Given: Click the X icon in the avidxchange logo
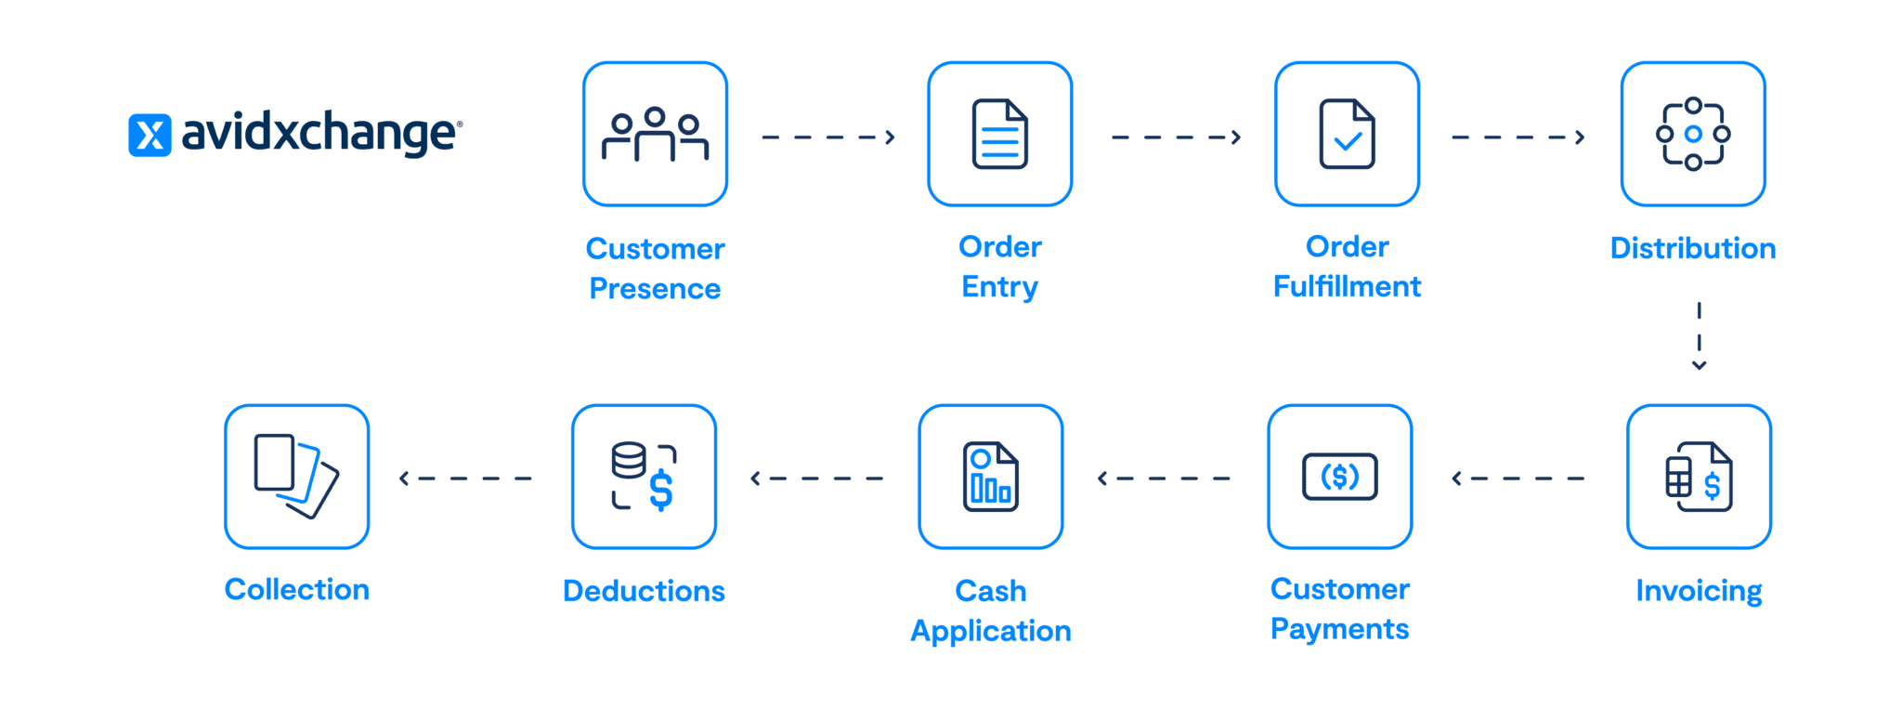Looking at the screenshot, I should (150, 135).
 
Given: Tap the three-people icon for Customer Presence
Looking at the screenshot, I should (655, 134).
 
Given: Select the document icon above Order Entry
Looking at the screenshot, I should (999, 134).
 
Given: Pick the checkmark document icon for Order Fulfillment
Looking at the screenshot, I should (1347, 134).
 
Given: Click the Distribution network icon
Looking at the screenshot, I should (1692, 134).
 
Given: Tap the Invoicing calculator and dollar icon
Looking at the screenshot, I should (1699, 477).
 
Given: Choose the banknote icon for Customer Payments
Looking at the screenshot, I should (1339, 477).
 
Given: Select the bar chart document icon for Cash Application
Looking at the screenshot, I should (990, 477).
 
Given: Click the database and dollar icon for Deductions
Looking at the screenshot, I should (644, 477).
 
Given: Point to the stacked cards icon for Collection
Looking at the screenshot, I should (296, 477).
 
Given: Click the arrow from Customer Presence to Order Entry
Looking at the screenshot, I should (827, 138).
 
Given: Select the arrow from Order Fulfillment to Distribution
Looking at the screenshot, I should (1518, 138).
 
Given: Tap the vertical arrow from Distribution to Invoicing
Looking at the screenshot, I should (1699, 335).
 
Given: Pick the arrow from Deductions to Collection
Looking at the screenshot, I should (465, 479).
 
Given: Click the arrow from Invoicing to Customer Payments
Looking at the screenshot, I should (1518, 479).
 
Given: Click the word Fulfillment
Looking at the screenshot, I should (1347, 286).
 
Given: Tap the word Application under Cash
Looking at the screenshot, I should (990, 631).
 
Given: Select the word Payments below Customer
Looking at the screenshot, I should (1339, 629).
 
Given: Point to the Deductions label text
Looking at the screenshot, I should (644, 591).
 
